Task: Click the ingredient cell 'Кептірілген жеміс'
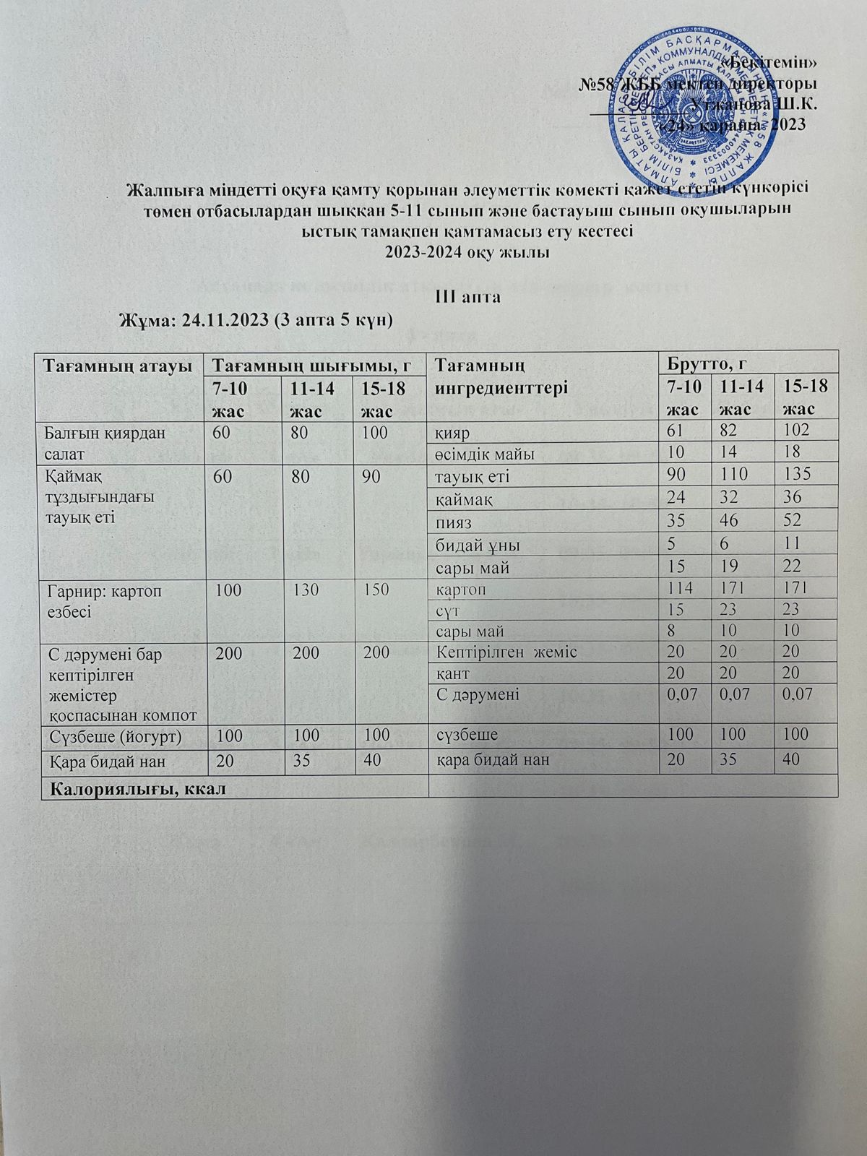pos(508,652)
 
